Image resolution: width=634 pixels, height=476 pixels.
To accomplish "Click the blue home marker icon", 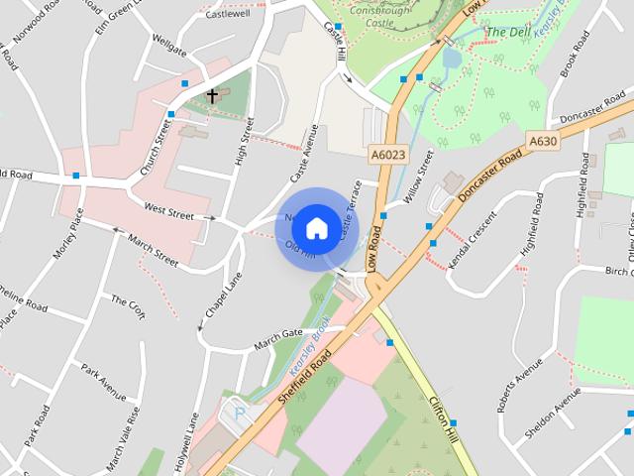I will click(x=316, y=228).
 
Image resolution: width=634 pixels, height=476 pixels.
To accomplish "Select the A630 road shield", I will click(x=542, y=142).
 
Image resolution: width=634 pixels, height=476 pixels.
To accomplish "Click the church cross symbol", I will click(x=212, y=96).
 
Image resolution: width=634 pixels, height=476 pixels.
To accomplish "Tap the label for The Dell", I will click(x=507, y=32).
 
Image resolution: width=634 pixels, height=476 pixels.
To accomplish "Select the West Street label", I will click(x=167, y=209).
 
